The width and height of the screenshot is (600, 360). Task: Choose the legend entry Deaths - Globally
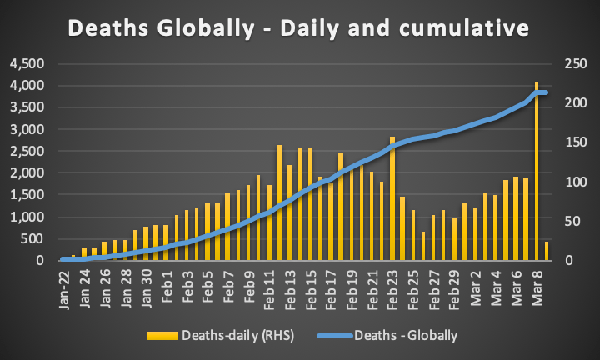(405, 336)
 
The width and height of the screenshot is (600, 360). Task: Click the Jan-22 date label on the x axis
(64, 288)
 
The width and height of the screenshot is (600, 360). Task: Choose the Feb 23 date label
(391, 287)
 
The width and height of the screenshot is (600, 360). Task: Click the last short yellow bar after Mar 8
(547, 251)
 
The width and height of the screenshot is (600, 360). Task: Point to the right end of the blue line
(547, 92)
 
